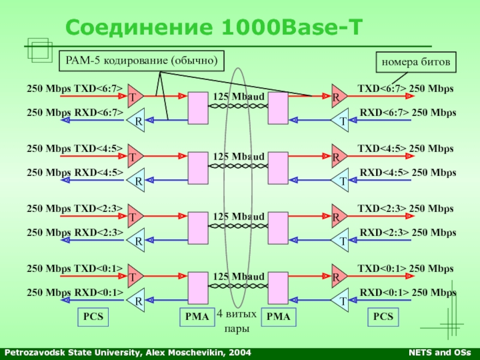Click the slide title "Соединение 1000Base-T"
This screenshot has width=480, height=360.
214,27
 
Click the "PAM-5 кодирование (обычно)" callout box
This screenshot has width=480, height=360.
142,61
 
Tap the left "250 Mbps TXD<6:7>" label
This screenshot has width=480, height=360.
75,89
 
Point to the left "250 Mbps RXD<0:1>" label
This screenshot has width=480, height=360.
75,292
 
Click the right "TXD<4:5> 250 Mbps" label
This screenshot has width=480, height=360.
406,149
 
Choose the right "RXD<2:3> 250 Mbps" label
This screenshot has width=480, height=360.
407,232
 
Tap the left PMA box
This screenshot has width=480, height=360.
197,317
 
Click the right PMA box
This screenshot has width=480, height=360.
278,317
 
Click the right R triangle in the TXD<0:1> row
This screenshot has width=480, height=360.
338,277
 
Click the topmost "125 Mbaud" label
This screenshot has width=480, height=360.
239,97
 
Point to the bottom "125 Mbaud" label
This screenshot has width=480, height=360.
239,277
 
